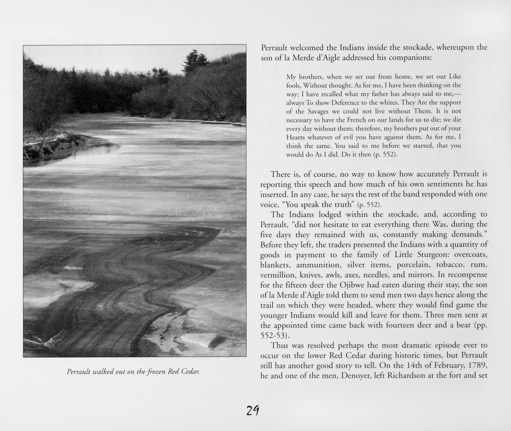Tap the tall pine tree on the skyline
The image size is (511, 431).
(195, 61)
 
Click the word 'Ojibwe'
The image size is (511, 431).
(350, 285)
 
